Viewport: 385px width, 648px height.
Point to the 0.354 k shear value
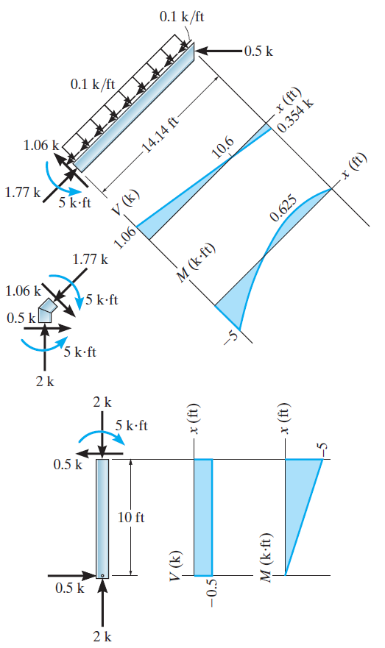295,115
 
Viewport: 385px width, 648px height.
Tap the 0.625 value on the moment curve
283,211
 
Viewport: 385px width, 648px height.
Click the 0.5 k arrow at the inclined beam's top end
221,51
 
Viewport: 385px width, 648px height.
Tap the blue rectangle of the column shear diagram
202,517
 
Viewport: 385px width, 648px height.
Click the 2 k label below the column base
102,637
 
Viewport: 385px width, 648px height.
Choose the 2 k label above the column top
102,402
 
